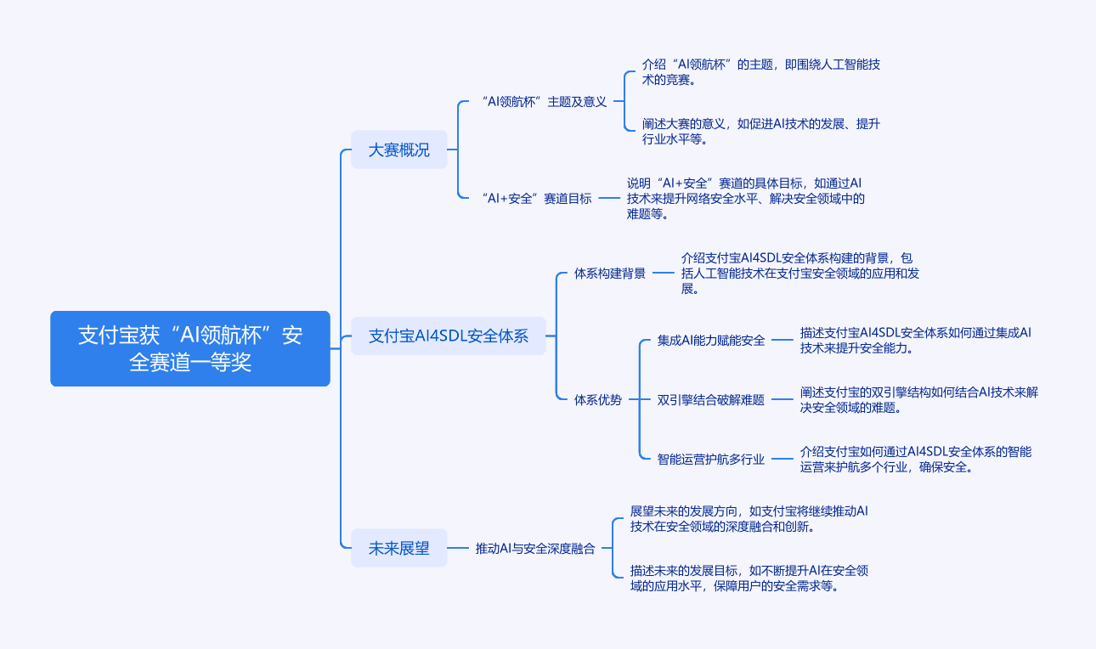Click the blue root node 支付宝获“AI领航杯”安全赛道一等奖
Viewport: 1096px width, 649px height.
point(190,348)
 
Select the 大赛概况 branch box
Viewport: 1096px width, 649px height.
point(398,150)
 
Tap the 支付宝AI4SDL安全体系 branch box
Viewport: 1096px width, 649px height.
point(448,336)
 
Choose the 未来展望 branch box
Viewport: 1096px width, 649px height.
point(398,549)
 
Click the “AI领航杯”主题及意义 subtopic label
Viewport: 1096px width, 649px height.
point(544,102)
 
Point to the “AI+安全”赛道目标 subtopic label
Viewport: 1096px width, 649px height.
point(536,199)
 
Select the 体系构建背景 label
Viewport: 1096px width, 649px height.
point(610,274)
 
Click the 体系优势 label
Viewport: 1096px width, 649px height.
point(598,399)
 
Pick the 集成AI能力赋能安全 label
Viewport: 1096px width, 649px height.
point(711,341)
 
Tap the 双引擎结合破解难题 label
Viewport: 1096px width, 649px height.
point(711,400)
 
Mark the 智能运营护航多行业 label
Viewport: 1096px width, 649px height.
point(711,460)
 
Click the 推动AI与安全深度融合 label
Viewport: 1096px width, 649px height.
point(535,549)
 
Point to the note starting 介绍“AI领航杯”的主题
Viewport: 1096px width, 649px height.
point(760,72)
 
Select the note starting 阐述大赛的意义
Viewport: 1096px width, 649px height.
point(760,132)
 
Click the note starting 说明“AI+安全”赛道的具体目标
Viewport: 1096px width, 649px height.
point(745,199)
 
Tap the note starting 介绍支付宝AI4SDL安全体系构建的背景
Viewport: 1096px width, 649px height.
point(799,273)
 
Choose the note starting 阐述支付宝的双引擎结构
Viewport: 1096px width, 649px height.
point(918,399)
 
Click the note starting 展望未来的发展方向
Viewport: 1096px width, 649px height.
point(749,519)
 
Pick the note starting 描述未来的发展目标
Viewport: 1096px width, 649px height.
point(749,578)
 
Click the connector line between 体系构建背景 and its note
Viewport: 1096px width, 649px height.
point(663,274)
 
